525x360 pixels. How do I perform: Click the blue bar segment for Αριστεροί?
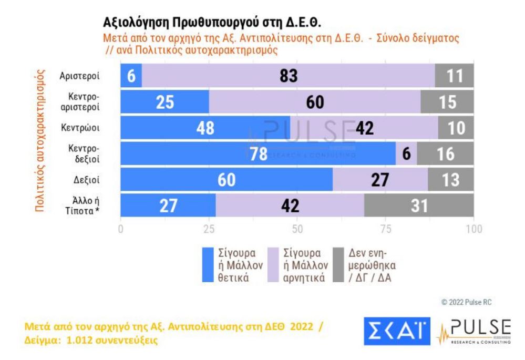point(131,76)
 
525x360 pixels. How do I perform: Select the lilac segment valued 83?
point(288,76)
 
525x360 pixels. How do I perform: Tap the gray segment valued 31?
point(419,205)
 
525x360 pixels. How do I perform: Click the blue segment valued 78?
point(258,153)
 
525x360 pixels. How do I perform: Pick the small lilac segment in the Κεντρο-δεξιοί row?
point(406,153)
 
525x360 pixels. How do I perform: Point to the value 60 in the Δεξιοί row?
point(227,179)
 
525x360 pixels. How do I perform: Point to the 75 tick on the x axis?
point(386,229)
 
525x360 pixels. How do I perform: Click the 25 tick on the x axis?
point(209,229)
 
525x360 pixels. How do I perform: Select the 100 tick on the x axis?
point(473,229)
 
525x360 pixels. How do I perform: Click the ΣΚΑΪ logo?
point(397,331)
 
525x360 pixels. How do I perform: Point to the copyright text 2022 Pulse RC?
point(466,302)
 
